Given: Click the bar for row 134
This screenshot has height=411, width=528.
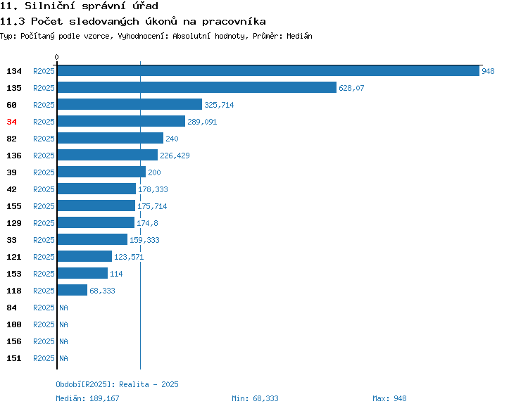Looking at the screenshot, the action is coord(268,70).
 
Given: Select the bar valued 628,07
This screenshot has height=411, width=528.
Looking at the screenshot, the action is coord(197,87).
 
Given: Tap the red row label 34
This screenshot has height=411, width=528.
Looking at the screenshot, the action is coord(11,122).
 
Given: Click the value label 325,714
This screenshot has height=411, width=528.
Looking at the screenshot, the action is coord(219,105).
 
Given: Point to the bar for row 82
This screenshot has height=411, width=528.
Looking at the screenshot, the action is coord(111,138).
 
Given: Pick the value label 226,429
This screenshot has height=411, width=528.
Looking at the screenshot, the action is coord(175,156).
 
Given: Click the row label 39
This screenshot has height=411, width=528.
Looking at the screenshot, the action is coord(11,172).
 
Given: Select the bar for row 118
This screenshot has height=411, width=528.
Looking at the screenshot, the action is coord(73,290).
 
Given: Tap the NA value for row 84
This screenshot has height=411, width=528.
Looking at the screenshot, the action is coord(63,308).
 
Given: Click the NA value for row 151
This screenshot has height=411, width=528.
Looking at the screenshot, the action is coord(63,358).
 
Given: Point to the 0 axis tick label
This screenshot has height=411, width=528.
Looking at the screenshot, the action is coord(56,57).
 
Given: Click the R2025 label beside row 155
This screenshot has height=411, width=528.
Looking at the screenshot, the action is coord(44,206).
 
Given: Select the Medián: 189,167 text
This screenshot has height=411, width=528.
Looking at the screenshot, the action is coord(87,398).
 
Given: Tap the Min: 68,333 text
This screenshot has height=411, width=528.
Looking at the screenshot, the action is coord(255,398).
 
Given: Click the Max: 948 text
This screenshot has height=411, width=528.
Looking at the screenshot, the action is coord(389,398).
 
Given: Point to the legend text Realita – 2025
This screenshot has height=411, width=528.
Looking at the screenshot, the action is coord(149,384).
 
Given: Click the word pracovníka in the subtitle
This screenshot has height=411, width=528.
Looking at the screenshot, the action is coord(234,22).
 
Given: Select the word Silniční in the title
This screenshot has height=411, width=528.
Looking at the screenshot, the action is coord(50,6).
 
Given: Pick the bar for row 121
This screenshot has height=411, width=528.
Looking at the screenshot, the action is coord(84,256).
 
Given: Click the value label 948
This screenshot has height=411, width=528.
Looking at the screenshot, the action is coord(488,71).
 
